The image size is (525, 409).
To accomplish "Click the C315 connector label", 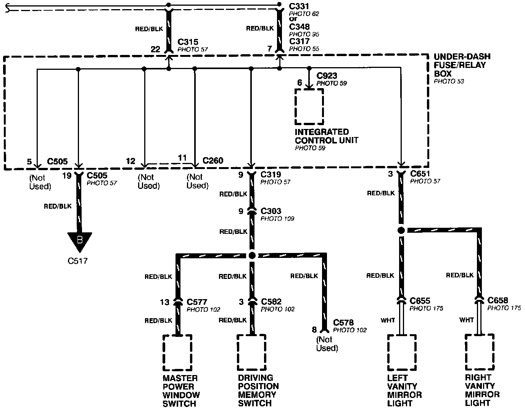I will (x=188, y=42).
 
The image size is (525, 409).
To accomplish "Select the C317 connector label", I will (x=299, y=41).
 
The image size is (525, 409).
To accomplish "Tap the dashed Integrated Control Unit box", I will (x=309, y=107).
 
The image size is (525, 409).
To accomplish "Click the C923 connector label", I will (x=327, y=76).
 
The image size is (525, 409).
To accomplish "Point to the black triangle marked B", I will (x=80, y=241).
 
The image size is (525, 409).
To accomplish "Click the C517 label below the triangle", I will (x=77, y=261).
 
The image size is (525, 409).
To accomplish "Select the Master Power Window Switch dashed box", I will (x=177, y=353).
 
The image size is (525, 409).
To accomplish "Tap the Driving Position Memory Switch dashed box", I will (x=251, y=353).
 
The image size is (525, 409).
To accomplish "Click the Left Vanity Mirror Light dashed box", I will (x=401, y=353).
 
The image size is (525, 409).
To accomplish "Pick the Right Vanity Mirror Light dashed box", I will (x=479, y=352).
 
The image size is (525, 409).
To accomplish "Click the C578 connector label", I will (x=343, y=323).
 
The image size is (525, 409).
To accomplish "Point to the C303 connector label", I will (x=271, y=211).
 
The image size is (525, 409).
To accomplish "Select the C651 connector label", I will (x=420, y=174).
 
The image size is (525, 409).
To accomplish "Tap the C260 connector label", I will (x=213, y=161).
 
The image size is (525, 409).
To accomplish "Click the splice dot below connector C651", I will (x=401, y=230).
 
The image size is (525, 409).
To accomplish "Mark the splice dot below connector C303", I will (x=251, y=256).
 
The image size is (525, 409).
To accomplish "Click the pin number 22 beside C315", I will (x=155, y=49).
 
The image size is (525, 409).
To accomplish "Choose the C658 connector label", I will (x=498, y=300).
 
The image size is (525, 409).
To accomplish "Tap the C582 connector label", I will (x=271, y=302).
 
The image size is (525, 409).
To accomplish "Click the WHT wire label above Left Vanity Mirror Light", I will (x=388, y=320).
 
